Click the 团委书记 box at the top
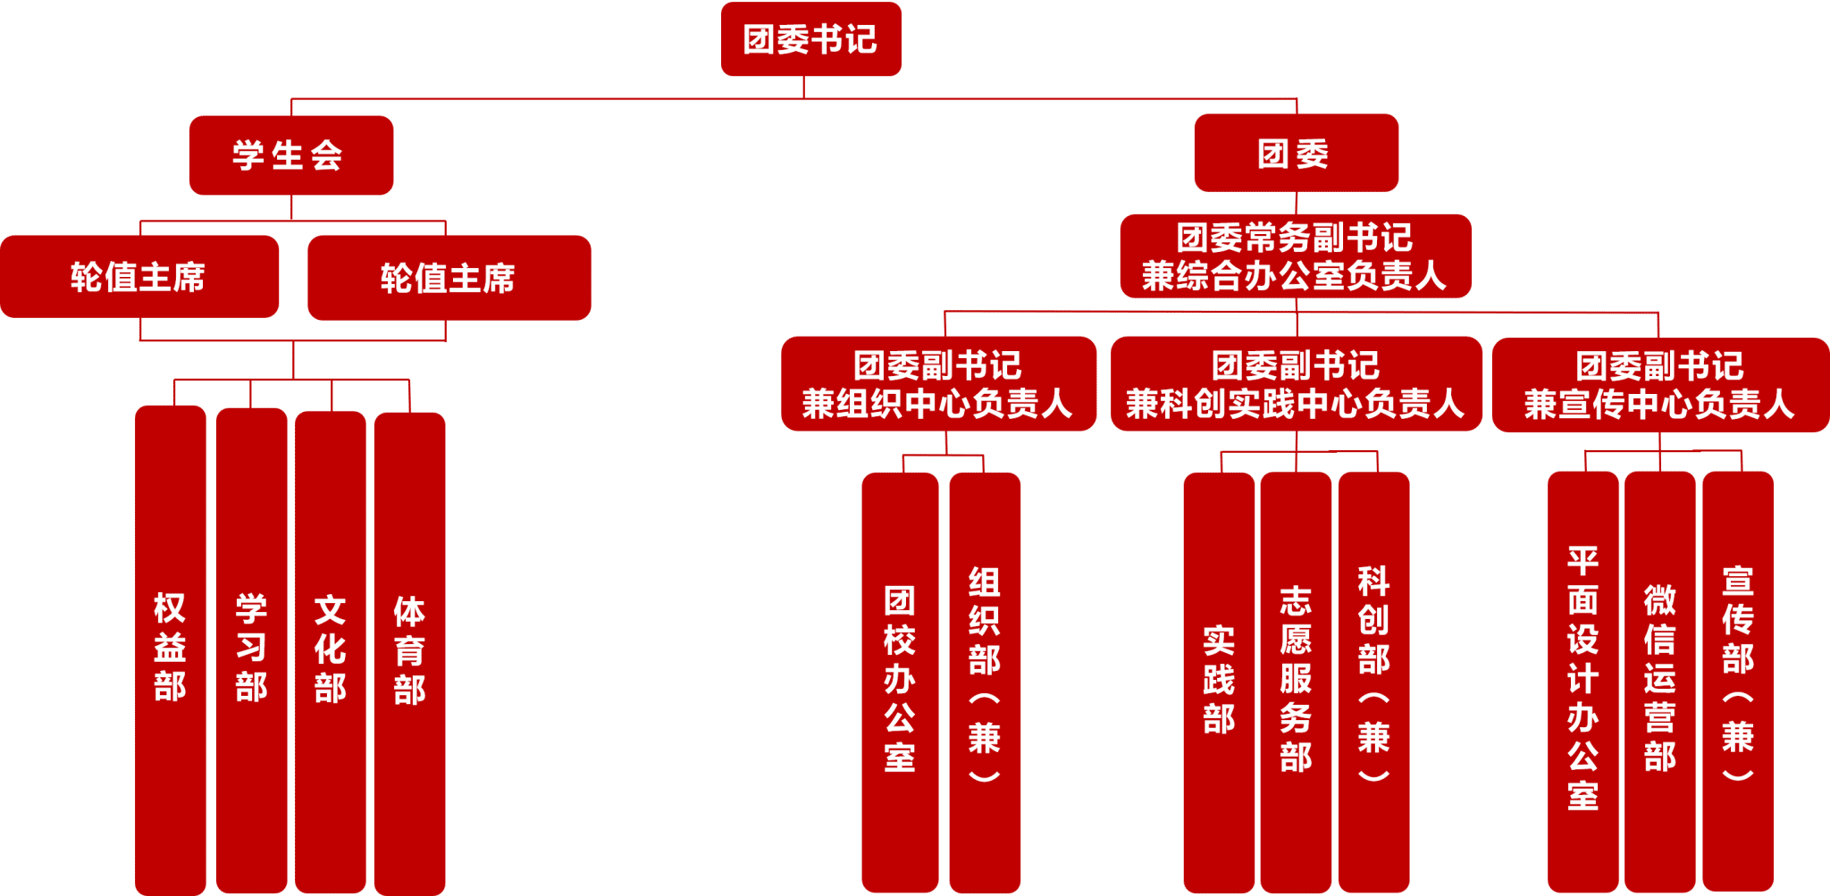click(x=810, y=39)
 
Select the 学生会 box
click(x=290, y=155)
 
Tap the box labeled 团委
click(x=1295, y=153)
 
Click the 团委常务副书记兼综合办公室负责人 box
click(x=1295, y=255)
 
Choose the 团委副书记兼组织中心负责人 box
click(x=938, y=384)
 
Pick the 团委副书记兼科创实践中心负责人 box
click(x=1296, y=384)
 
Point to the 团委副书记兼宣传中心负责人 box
click(x=1660, y=385)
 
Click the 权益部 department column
click(x=170, y=648)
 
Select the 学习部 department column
click(x=251, y=648)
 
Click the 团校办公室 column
click(x=900, y=679)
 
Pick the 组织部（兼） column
click(x=985, y=679)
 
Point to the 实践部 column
click(x=1219, y=679)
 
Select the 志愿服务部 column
click(x=1296, y=679)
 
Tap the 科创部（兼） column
click(x=1373, y=679)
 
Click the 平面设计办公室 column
click(x=1582, y=679)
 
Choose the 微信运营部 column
click(x=1659, y=679)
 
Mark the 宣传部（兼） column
click(x=1737, y=679)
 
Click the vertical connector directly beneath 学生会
click(x=291, y=207)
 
